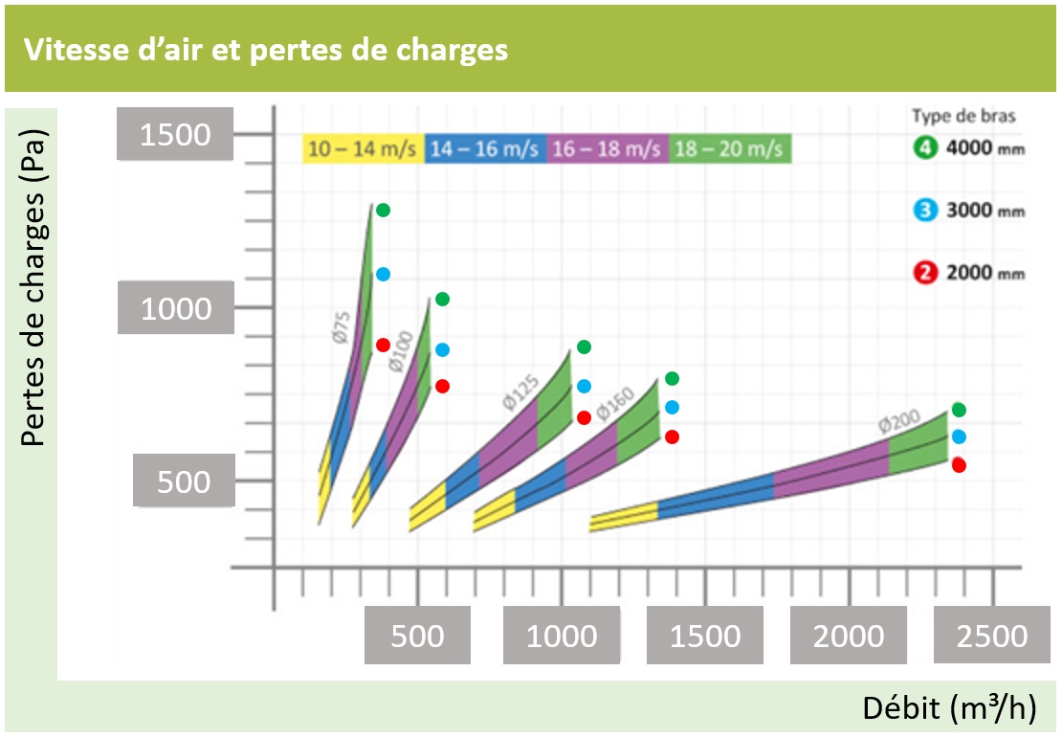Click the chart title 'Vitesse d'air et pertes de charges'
coord(266,50)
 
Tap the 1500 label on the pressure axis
coord(175,134)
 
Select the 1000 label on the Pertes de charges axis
coord(175,308)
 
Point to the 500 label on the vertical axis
coord(183,481)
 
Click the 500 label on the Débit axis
coord(418,636)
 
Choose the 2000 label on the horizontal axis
coord(848,636)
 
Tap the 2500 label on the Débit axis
coord(991,636)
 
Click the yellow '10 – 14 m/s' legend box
coord(362,149)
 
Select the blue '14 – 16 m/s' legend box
coord(484,149)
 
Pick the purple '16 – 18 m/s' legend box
coord(607,149)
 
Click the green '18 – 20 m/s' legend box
coord(729,149)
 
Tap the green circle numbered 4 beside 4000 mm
coord(924,149)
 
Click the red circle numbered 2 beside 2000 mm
coord(924,273)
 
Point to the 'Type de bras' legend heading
coord(963,116)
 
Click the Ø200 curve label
coord(899,423)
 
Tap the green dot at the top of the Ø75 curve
coord(383,210)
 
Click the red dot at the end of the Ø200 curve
coord(959,465)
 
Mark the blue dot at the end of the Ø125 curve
coord(584,387)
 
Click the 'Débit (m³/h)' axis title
coord(949,708)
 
